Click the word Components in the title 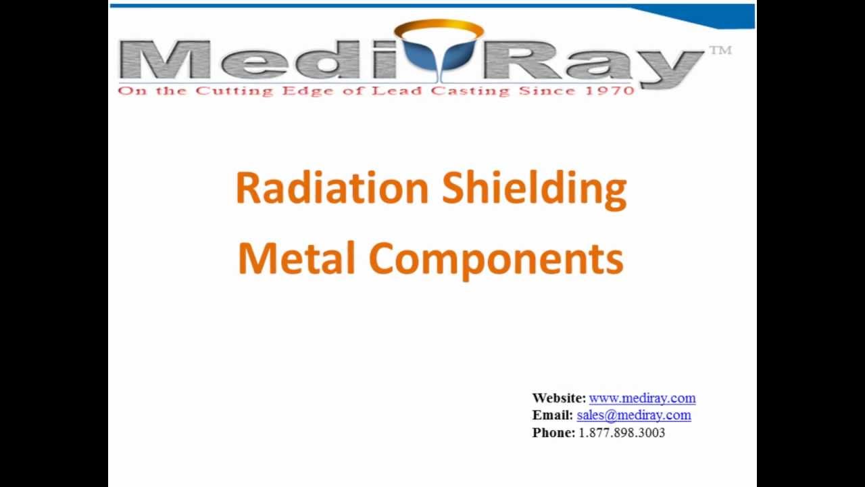496,260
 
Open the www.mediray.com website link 642,398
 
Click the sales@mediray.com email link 633,415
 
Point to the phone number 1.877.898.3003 622,433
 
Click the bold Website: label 558,398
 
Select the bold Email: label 552,415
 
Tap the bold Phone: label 553,433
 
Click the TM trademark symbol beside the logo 720,50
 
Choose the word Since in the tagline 544,91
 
